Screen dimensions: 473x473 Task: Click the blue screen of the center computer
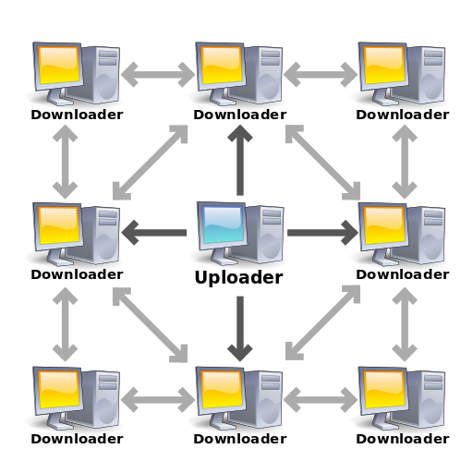pyautogui.click(x=222, y=224)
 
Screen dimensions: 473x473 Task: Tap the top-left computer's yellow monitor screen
pyautogui.click(x=59, y=64)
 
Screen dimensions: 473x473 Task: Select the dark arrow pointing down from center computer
pyautogui.click(x=240, y=328)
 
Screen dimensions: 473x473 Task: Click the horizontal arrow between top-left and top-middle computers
pyautogui.click(x=157, y=74)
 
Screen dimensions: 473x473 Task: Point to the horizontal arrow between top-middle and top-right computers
pyautogui.click(x=321, y=74)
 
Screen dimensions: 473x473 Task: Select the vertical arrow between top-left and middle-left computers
pyautogui.click(x=65, y=161)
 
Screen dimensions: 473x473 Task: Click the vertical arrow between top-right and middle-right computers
pyautogui.click(x=405, y=161)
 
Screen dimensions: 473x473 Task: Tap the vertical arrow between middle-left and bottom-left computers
pyautogui.click(x=65, y=324)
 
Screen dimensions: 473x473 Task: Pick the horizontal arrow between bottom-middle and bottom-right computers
pyautogui.click(x=321, y=400)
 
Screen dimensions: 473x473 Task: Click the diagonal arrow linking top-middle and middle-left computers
pyautogui.click(x=151, y=162)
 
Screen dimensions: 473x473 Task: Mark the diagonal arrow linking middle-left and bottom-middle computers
pyautogui.click(x=151, y=324)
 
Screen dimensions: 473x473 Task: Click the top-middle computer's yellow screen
pyautogui.click(x=222, y=64)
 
